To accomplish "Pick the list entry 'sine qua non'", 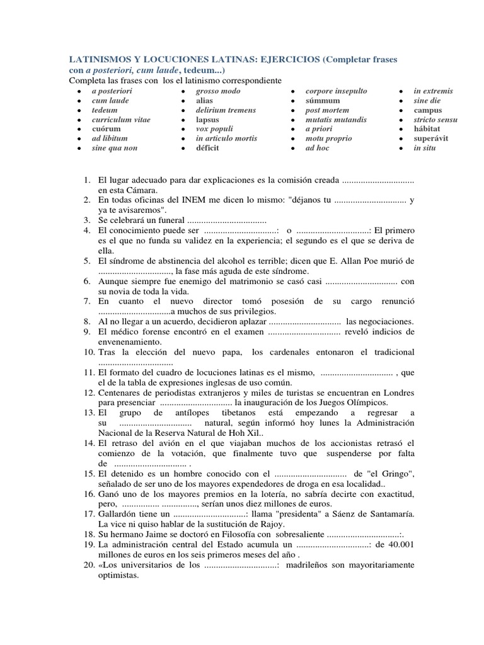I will (114, 148).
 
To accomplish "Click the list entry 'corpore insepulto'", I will (336, 91).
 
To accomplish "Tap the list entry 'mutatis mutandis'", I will (335, 120).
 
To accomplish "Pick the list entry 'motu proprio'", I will (328, 139).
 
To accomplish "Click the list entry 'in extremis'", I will (433, 91).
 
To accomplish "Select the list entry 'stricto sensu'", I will (435, 120).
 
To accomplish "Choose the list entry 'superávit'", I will (431, 139).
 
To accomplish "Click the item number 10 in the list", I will (88, 351).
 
